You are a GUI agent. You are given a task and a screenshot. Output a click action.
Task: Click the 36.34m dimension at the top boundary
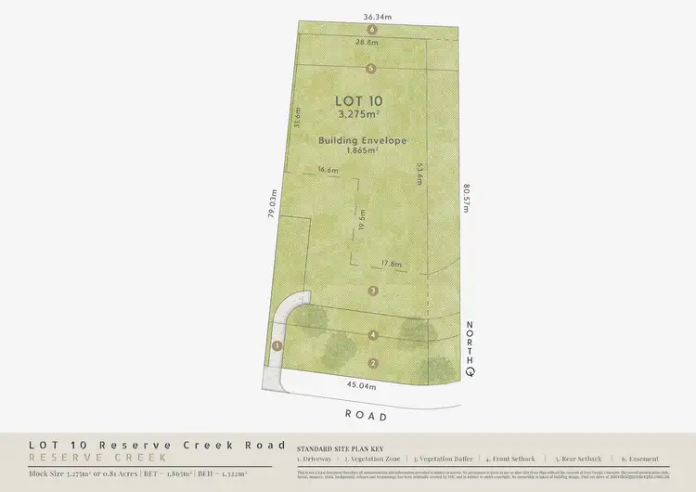coord(372,16)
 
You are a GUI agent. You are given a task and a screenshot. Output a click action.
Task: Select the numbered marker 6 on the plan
coord(371,30)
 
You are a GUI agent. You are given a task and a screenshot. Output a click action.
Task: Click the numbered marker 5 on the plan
coord(371,68)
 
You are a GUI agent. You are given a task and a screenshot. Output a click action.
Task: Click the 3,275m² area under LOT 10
coord(359,114)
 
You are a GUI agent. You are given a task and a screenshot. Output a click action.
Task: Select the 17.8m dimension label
coord(391,265)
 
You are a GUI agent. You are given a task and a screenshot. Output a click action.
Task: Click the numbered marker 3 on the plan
coord(373,291)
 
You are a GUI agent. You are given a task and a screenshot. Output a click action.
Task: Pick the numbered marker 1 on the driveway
coord(276,345)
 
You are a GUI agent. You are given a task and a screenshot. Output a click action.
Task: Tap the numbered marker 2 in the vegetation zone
coord(373,362)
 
